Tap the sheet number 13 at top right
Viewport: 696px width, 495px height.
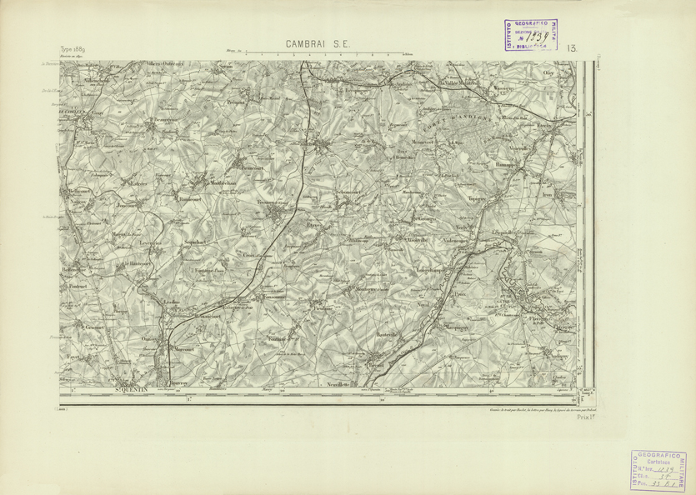[572, 50]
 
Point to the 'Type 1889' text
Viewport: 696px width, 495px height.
[73, 51]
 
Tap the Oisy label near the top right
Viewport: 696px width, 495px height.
[548, 73]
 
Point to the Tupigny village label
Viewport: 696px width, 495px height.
[477, 200]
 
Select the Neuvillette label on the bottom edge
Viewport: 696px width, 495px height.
[338, 387]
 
